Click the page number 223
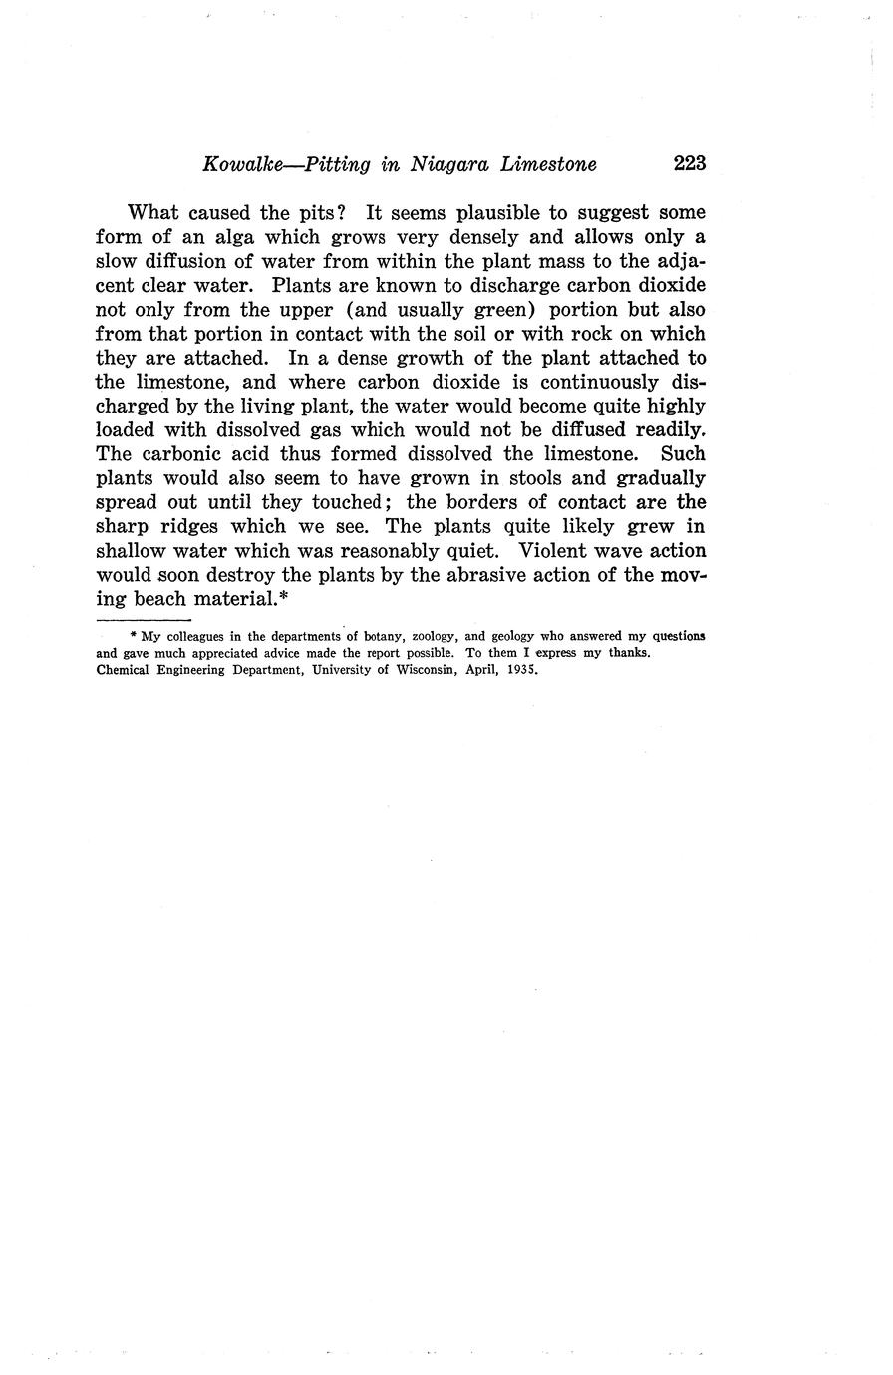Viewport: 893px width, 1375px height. [690, 164]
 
